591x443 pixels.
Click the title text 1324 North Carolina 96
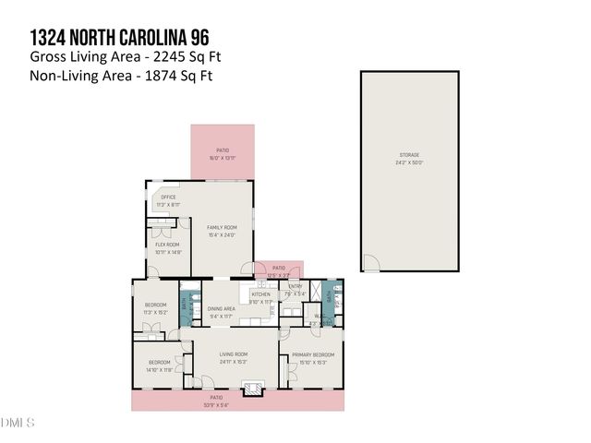click(x=119, y=37)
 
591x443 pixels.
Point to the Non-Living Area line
click(x=121, y=76)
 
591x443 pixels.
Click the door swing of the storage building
click(x=370, y=263)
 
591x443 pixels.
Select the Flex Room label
click(x=167, y=246)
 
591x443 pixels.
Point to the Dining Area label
click(x=221, y=311)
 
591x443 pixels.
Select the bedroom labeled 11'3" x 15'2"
click(x=155, y=308)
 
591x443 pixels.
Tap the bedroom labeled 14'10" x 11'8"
click(x=161, y=365)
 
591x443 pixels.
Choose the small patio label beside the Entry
click(x=278, y=270)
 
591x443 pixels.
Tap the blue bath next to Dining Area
click(x=185, y=303)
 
